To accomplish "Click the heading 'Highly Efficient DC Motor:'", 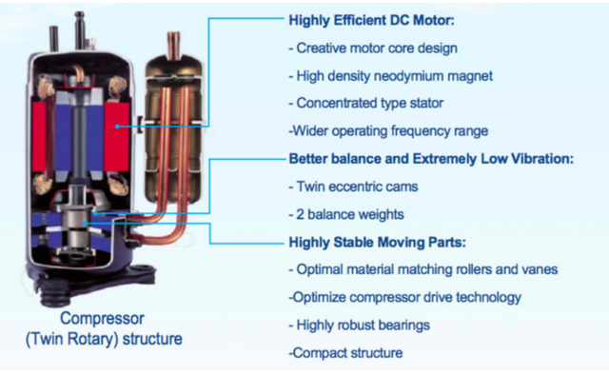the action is [371, 20].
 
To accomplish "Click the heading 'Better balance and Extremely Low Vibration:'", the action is [431, 159].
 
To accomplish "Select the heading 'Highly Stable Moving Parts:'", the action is [377, 243].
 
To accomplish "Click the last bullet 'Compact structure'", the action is [345, 353].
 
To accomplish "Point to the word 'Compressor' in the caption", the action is [102, 319].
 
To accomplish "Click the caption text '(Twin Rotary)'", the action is [72, 339].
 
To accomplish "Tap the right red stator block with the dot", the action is [116, 137].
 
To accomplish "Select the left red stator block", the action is [40, 137].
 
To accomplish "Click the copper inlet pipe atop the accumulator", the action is [173, 45].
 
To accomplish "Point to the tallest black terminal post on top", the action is [80, 30].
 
